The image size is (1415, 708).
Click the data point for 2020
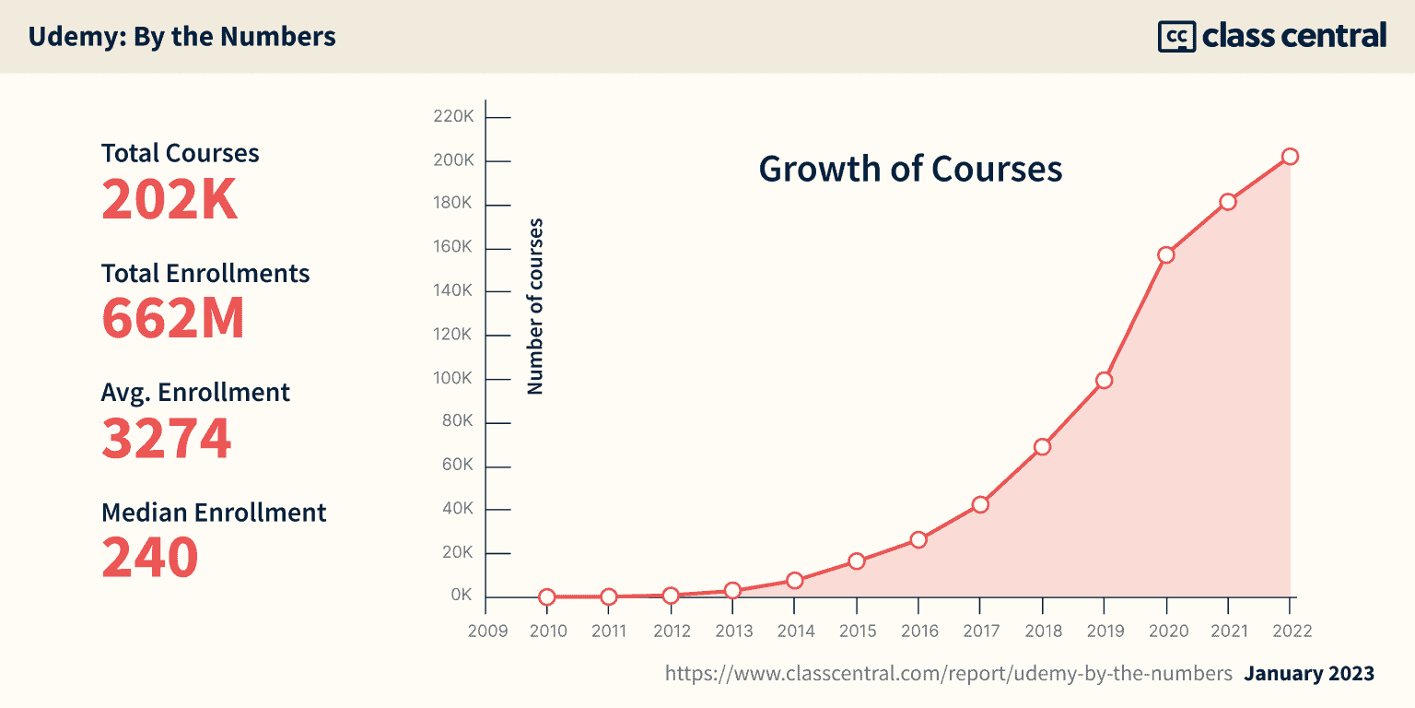point(1166,255)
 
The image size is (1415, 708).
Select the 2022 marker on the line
point(1290,157)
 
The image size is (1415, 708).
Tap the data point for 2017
point(980,504)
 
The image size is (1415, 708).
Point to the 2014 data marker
point(795,581)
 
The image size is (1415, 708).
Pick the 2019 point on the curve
point(1104,380)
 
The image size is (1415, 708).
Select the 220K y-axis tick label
point(453,118)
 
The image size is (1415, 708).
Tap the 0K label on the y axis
point(462,596)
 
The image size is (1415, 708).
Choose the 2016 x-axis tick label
point(918,631)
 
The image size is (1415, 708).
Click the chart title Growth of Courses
point(910,170)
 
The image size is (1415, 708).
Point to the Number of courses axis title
point(535,307)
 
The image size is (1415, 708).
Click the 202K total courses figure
point(170,199)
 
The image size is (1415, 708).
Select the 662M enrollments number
point(173,318)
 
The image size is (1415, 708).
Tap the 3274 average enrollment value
point(167,438)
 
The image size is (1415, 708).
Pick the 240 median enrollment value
point(150,557)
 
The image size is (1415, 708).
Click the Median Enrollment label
point(214,513)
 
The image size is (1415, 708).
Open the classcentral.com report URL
point(949,674)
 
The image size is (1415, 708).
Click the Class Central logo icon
point(1176,36)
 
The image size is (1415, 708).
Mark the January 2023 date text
point(1309,674)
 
